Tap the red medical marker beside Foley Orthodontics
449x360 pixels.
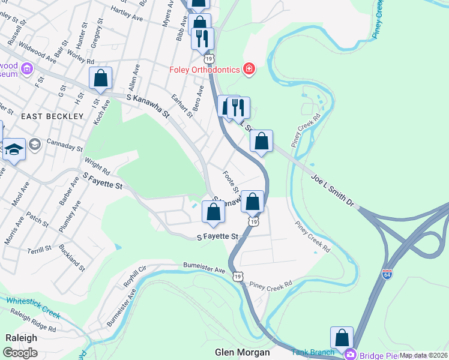[x=249, y=70]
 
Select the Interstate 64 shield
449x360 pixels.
[x=387, y=274]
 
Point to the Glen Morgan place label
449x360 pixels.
[x=243, y=352]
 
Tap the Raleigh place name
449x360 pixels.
[x=21, y=338]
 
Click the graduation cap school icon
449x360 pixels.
[x=13, y=150]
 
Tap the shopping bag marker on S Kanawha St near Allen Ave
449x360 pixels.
[x=100, y=78]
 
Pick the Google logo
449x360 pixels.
[x=20, y=352]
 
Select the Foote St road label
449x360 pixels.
[x=231, y=182]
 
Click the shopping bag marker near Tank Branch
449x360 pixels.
[x=342, y=338]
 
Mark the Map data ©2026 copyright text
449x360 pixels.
[x=423, y=355]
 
